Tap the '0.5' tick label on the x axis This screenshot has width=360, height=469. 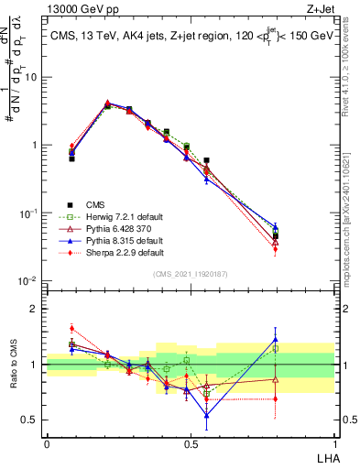(x=191, y=442)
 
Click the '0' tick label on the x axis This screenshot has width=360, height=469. (x=47, y=442)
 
